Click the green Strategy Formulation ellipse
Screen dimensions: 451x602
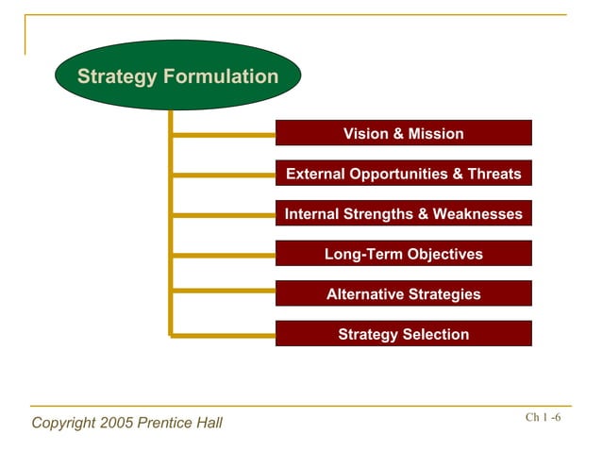pyautogui.click(x=177, y=75)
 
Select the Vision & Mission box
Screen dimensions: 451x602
pyautogui.click(x=403, y=133)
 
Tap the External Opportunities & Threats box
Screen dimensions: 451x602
pyautogui.click(x=403, y=174)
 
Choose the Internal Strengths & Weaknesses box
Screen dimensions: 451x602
pyautogui.click(x=403, y=214)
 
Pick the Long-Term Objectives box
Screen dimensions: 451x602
pyautogui.click(x=403, y=254)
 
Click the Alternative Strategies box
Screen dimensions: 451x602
pyautogui.click(x=403, y=294)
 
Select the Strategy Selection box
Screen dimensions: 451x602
pyautogui.click(x=403, y=334)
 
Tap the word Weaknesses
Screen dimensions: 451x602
pyautogui.click(x=477, y=214)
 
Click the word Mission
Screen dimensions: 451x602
pyautogui.click(x=436, y=133)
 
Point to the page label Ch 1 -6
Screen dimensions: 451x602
pyautogui.click(x=543, y=418)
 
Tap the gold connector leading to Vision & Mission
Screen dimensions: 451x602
pyautogui.click(x=224, y=135)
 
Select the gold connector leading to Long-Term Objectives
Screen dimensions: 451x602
pyautogui.click(x=224, y=255)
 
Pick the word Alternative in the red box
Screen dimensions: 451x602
pyautogui.click(x=366, y=294)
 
